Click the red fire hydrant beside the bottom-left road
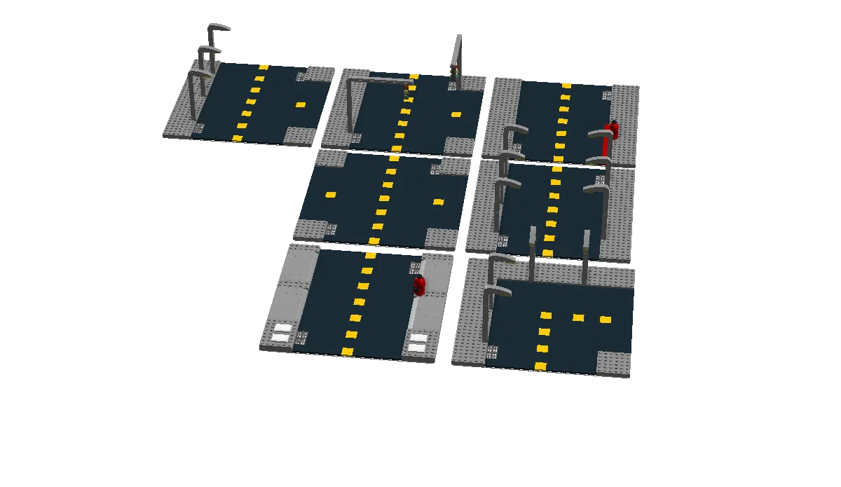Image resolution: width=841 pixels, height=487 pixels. [x=419, y=286]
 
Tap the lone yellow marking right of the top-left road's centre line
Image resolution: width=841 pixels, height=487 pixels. [x=301, y=105]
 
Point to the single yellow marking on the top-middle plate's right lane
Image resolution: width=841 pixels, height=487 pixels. [x=456, y=114]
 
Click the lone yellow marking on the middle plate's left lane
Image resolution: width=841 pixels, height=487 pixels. [x=331, y=195]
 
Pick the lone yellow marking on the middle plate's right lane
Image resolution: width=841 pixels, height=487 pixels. [x=438, y=202]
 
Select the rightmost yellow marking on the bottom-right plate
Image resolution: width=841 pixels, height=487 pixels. [x=605, y=320]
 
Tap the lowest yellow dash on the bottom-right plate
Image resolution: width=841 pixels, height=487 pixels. [x=540, y=366]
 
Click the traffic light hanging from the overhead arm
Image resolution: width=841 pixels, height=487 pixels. [x=406, y=92]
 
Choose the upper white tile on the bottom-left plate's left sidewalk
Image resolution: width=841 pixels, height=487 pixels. [x=283, y=327]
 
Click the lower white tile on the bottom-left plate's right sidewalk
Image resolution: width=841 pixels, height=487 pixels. [x=416, y=348]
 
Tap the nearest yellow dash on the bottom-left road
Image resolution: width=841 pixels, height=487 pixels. [x=347, y=351]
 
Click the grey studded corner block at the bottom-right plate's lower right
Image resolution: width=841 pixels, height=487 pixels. [x=614, y=363]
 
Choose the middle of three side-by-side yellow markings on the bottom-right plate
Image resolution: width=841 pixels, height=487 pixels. [x=578, y=317]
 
